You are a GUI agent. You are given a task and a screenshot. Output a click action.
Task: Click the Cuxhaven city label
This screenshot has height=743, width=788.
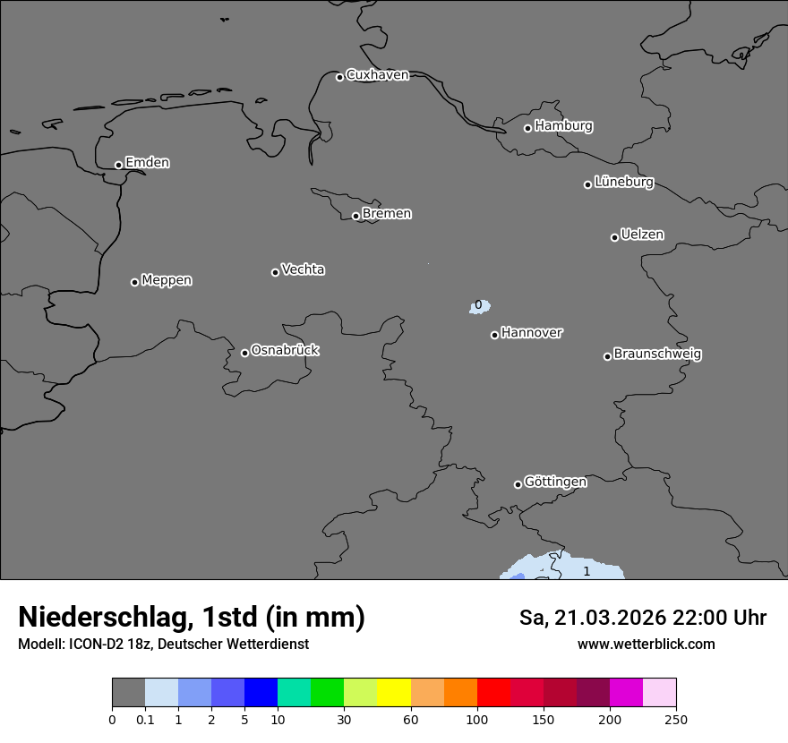click(x=377, y=75)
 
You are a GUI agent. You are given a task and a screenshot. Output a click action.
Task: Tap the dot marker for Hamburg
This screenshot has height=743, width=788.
click(x=528, y=128)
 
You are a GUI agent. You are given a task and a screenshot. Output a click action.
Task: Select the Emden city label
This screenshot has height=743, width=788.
click(x=147, y=163)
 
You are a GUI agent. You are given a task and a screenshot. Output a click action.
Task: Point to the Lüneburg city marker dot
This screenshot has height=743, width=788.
click(x=588, y=184)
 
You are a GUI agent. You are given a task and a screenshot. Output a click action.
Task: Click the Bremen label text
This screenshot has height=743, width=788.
click(x=387, y=214)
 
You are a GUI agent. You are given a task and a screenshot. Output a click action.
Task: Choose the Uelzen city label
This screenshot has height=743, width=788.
click(x=642, y=235)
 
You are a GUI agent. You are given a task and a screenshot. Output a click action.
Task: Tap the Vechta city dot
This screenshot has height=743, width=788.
click(x=276, y=272)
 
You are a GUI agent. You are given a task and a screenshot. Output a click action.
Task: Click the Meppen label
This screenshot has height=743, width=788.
click(x=167, y=280)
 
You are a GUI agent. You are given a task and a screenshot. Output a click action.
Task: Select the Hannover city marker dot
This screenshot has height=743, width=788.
click(x=494, y=335)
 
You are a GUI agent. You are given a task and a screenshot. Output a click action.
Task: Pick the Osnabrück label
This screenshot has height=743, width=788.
click(x=285, y=350)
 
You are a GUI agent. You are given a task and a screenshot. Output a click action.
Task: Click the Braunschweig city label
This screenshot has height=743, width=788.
click(x=657, y=354)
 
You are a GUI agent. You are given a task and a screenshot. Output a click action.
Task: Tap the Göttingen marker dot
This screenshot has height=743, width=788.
click(x=518, y=484)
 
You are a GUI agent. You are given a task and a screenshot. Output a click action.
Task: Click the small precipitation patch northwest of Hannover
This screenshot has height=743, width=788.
click(x=480, y=307)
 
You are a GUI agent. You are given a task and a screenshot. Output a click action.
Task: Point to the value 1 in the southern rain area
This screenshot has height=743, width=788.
click(x=587, y=571)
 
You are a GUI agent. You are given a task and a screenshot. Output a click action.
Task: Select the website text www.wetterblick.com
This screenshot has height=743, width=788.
click(x=646, y=645)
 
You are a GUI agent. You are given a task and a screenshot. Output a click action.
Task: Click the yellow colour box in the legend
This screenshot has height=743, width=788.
click(x=394, y=692)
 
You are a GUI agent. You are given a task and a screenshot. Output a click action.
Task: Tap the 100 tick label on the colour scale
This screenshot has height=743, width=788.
click(x=477, y=718)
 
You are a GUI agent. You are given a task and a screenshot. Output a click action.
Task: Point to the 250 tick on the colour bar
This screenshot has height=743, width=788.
click(x=676, y=718)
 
